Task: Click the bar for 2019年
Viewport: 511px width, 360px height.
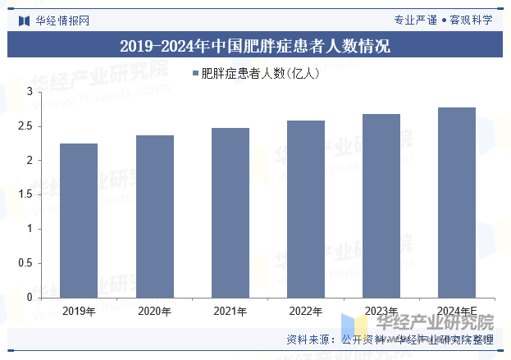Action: (79, 221)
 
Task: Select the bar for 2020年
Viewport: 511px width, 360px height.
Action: (154, 216)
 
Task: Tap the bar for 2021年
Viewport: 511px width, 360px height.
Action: (230, 212)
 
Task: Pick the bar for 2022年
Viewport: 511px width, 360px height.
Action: (305, 209)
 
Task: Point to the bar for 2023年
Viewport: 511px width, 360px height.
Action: (381, 206)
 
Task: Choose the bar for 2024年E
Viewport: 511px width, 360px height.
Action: (457, 203)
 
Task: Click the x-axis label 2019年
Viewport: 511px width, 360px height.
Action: (79, 311)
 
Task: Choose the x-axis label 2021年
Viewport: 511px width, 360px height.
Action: (230, 311)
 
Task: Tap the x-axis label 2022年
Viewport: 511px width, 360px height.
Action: (305, 311)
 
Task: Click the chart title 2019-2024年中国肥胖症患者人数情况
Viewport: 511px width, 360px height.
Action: (255, 46)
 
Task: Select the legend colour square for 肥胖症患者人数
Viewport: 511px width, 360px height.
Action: (195, 74)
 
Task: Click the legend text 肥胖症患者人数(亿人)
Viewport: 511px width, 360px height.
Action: (260, 74)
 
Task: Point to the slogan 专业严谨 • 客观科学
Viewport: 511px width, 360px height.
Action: (443, 20)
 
